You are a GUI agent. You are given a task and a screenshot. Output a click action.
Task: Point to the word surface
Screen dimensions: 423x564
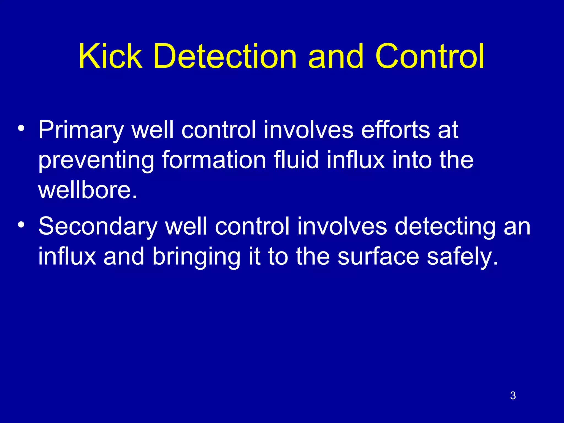pyautogui.click(x=378, y=257)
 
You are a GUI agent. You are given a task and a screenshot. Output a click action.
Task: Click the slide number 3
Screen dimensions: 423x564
pyautogui.click(x=513, y=395)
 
